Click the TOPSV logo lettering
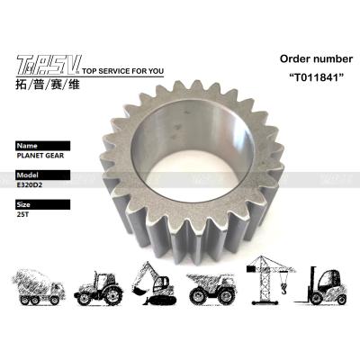(x=48, y=64)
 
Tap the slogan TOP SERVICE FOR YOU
(x=122, y=71)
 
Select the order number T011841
(x=317, y=77)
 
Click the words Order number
(x=316, y=58)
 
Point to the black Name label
(x=43, y=146)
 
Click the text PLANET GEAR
(x=40, y=156)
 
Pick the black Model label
(x=43, y=175)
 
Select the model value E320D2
(x=30, y=184)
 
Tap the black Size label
(x=43, y=204)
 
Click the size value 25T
(x=22, y=214)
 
